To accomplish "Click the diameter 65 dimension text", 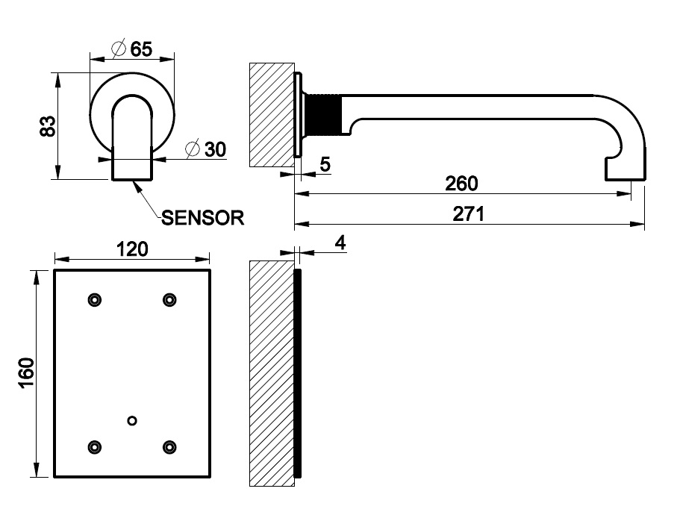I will tap(132, 49).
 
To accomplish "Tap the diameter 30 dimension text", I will tap(206, 149).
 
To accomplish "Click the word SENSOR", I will tap(203, 218).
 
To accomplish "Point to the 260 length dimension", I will tap(462, 183).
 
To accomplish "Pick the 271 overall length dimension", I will tap(470, 214).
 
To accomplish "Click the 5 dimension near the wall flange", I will tap(325, 164).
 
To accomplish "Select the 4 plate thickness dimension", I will tap(340, 243).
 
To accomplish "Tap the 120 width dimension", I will tap(132, 249).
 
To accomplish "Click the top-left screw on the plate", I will tap(94, 300).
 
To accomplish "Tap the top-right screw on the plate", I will tap(169, 300).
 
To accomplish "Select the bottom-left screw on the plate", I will tap(94, 447).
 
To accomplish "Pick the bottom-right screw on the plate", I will tap(169, 447).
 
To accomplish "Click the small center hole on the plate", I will tap(132, 421).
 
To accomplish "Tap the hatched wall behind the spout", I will tap(271, 115).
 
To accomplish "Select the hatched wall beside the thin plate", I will tap(271, 373).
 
